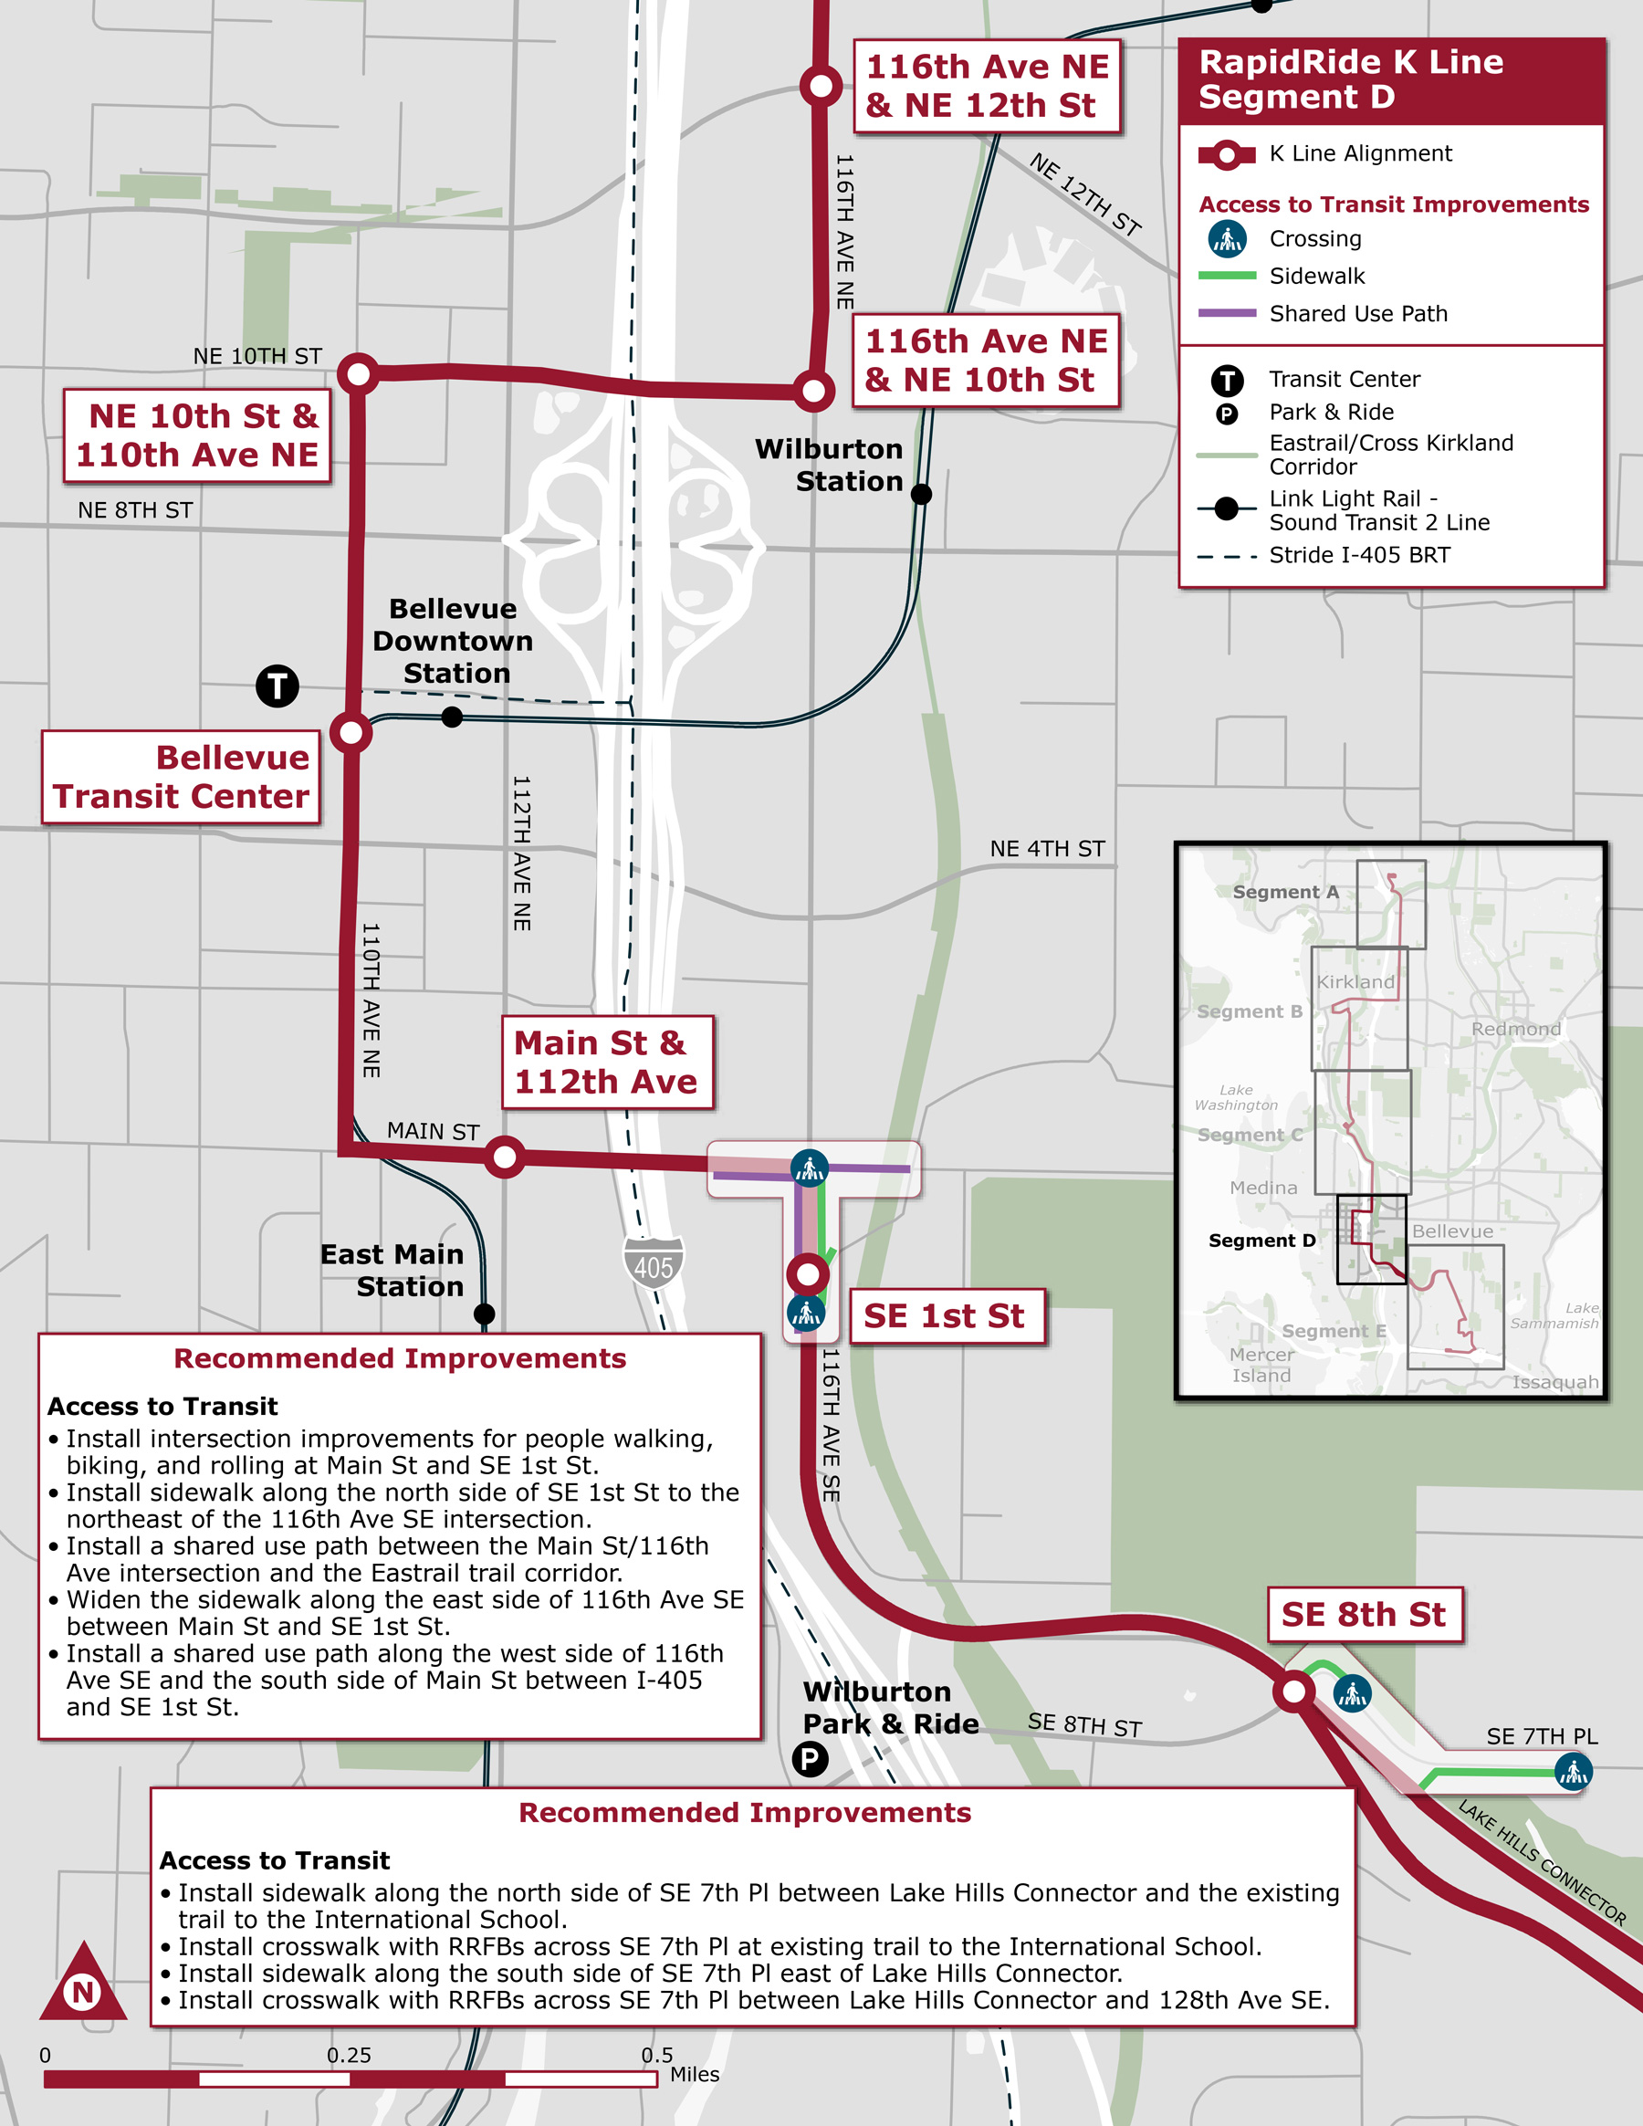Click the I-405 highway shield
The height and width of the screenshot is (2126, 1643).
654,1263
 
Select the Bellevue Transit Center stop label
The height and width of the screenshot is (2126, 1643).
181,777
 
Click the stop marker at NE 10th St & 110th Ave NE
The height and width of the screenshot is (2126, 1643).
358,373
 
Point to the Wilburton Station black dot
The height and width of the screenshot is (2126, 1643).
921,495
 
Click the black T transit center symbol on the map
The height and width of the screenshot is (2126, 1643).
277,686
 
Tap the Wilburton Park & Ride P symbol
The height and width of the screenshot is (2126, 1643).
810,1759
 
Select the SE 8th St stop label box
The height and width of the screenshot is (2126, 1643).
1365,1615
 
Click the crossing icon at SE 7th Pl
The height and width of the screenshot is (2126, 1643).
1573,1772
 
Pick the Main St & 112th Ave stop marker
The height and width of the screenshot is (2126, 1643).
505,1157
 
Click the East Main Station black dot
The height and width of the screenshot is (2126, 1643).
484,1314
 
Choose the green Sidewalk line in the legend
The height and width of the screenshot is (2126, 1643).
1227,277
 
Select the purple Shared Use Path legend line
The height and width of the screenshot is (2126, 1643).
1227,313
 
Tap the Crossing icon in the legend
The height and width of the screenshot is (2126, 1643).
1227,238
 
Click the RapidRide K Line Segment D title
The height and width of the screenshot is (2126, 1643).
1351,79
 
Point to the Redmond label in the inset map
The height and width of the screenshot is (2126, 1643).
1515,1029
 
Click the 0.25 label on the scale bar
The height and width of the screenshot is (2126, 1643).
349,2055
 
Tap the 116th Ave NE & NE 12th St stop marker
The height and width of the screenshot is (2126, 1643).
821,86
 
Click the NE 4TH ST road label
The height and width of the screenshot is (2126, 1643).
1047,849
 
